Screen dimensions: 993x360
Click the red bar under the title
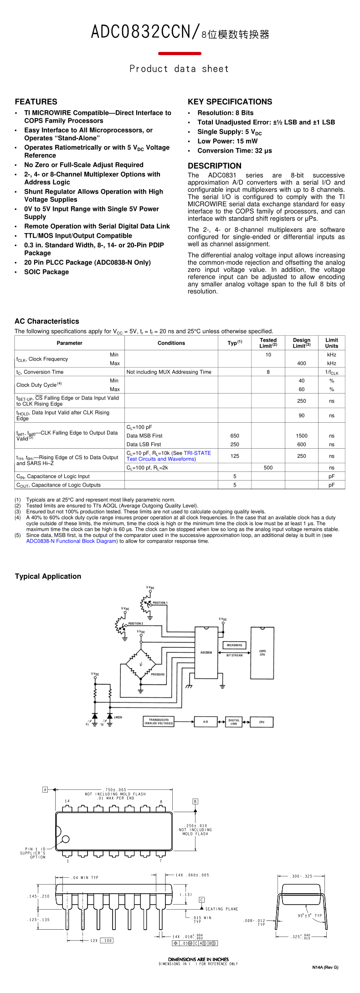[180, 54]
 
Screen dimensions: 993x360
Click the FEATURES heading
[36, 102]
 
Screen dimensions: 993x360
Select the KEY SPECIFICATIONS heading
[230, 102]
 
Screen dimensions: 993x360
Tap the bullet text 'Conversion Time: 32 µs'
[234, 151]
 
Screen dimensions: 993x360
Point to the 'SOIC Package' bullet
[46, 272]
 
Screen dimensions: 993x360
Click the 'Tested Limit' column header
[268, 343]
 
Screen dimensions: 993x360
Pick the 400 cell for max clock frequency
[301, 363]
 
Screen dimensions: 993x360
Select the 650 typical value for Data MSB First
[235, 436]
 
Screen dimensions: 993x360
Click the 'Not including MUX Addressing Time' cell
[169, 372]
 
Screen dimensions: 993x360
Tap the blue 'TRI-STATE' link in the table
[197, 453]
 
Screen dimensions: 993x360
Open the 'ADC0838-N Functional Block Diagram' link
[71, 541]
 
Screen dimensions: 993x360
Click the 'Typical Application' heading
[48, 576]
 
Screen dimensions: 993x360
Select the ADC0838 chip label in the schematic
[206, 652]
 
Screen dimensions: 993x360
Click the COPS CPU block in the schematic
[262, 653]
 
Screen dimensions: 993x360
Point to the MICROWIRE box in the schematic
[234, 645]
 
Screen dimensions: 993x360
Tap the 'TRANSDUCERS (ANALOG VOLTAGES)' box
[159, 722]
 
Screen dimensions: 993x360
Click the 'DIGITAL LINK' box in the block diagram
[233, 722]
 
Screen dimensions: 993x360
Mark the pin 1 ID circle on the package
[66, 839]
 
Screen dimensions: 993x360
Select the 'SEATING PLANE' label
[221, 909]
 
